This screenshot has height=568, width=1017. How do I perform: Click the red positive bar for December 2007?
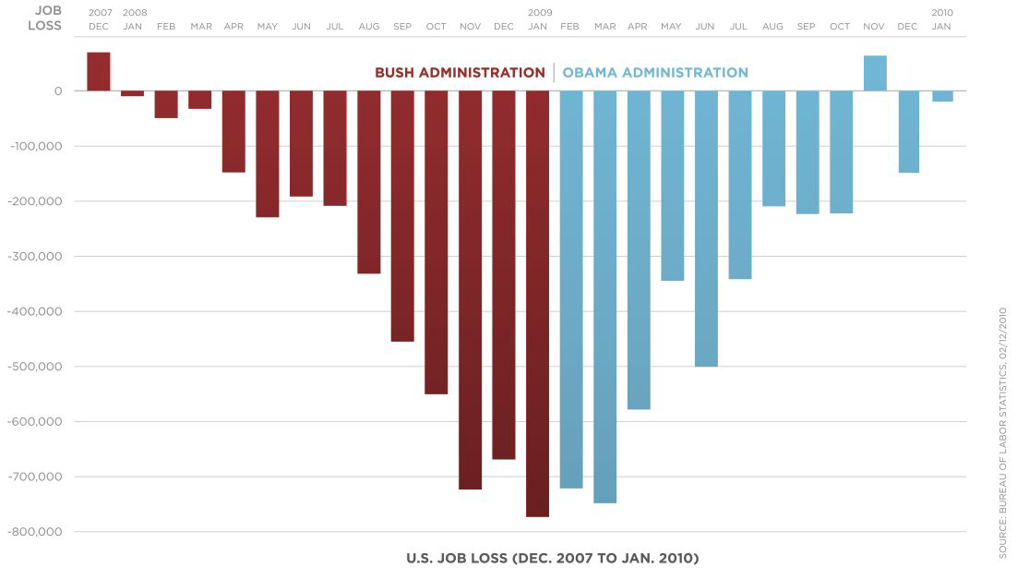pyautogui.click(x=99, y=72)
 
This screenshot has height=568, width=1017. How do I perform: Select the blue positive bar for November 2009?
pyautogui.click(x=875, y=74)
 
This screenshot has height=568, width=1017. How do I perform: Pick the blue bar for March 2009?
pyautogui.click(x=604, y=296)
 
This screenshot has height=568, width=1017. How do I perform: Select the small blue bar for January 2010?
pyautogui.click(x=942, y=96)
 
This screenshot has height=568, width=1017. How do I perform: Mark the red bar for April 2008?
pyautogui.click(x=233, y=131)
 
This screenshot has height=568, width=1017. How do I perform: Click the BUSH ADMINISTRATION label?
pyautogui.click(x=460, y=73)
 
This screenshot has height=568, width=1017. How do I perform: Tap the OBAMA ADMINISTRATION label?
pyautogui.click(x=655, y=73)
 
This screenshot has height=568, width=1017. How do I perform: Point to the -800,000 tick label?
pyautogui.click(x=35, y=532)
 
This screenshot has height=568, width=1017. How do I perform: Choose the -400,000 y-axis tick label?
pyautogui.click(x=35, y=311)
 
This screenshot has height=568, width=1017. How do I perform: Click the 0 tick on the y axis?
pyautogui.click(x=57, y=91)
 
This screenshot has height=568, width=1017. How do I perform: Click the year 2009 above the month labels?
pyautogui.click(x=540, y=13)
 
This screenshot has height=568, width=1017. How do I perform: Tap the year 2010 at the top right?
pyautogui.click(x=942, y=13)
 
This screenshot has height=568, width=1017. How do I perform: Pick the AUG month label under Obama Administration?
pyautogui.click(x=773, y=26)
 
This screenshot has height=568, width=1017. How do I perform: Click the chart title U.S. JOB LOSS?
pyautogui.click(x=553, y=558)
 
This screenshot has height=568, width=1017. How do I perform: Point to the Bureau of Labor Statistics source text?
pyautogui.click(x=1002, y=432)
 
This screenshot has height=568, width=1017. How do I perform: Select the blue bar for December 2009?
pyautogui.click(x=908, y=131)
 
